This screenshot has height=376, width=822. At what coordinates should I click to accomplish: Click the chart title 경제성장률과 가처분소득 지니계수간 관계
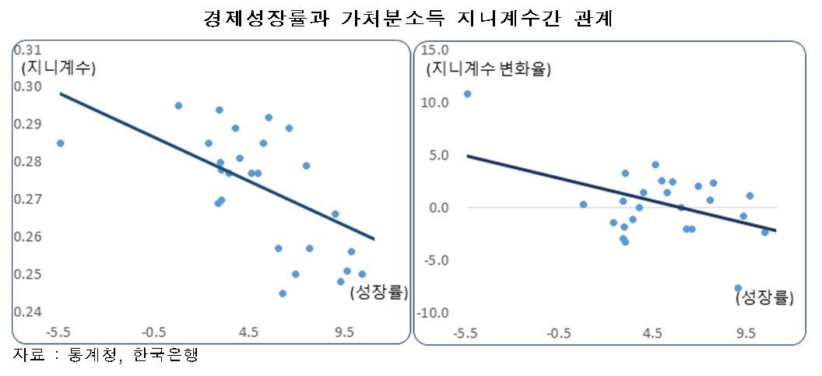pyautogui.click(x=408, y=19)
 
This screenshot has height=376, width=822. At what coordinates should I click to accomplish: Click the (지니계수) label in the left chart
pyautogui.click(x=58, y=69)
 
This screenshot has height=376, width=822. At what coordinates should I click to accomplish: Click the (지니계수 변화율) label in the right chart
pyautogui.click(x=488, y=69)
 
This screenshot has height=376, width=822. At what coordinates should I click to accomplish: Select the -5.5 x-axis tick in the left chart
pyautogui.click(x=58, y=332)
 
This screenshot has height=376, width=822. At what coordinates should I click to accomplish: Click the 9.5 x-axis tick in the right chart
pyautogui.click(x=746, y=333)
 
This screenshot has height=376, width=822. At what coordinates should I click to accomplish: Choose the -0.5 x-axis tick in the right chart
pyautogui.click(x=558, y=333)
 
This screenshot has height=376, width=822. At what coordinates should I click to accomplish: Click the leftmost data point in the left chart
pyautogui.click(x=60, y=143)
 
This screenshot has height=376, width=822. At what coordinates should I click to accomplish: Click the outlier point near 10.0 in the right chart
pyautogui.click(x=467, y=94)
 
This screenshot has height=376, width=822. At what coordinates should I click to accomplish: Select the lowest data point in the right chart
pyautogui.click(x=738, y=288)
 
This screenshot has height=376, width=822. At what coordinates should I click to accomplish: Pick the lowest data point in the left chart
pyautogui.click(x=283, y=293)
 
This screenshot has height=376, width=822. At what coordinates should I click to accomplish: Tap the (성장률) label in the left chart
pyautogui.click(x=378, y=293)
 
